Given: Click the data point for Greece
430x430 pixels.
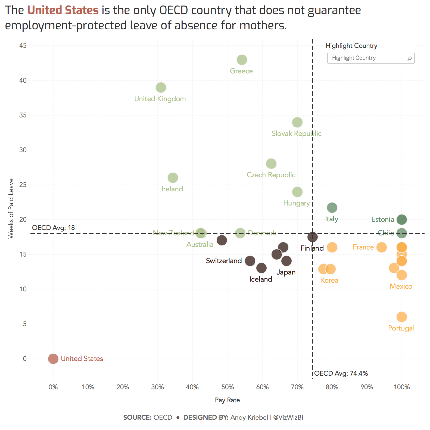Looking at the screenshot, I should pos(242,60).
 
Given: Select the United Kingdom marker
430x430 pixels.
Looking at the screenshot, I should pos(161,88).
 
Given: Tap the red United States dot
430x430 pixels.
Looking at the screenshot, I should pos(53,359).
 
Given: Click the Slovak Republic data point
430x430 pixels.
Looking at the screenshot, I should pos(297,122).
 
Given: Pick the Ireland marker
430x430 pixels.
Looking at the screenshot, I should pos(173,178).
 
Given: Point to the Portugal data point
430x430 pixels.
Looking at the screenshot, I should pos(401,317).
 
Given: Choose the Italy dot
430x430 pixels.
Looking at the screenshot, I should pos(332,208).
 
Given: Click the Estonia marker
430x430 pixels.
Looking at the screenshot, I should pos(401,219).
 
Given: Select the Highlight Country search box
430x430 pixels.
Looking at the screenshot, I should pos(367,58).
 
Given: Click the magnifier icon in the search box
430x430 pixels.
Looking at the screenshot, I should pos(409,58).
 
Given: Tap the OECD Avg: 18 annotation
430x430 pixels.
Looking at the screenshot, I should pos(54,228).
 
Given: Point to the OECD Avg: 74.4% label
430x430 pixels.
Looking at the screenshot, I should pos(341,373).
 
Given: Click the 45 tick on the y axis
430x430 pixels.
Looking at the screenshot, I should pos(23,46).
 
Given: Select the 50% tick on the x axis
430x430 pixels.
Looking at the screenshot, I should pos(228,387).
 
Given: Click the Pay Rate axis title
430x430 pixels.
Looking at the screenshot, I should pos(227,400).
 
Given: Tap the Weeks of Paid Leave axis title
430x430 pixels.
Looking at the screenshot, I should pos(11,208).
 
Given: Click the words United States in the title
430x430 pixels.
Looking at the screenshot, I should pos(63,10).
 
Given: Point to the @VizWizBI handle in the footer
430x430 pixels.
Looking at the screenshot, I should pos(288,417).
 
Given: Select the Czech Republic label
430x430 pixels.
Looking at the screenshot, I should pos(271,175).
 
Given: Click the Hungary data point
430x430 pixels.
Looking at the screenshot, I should pos(297,192).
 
